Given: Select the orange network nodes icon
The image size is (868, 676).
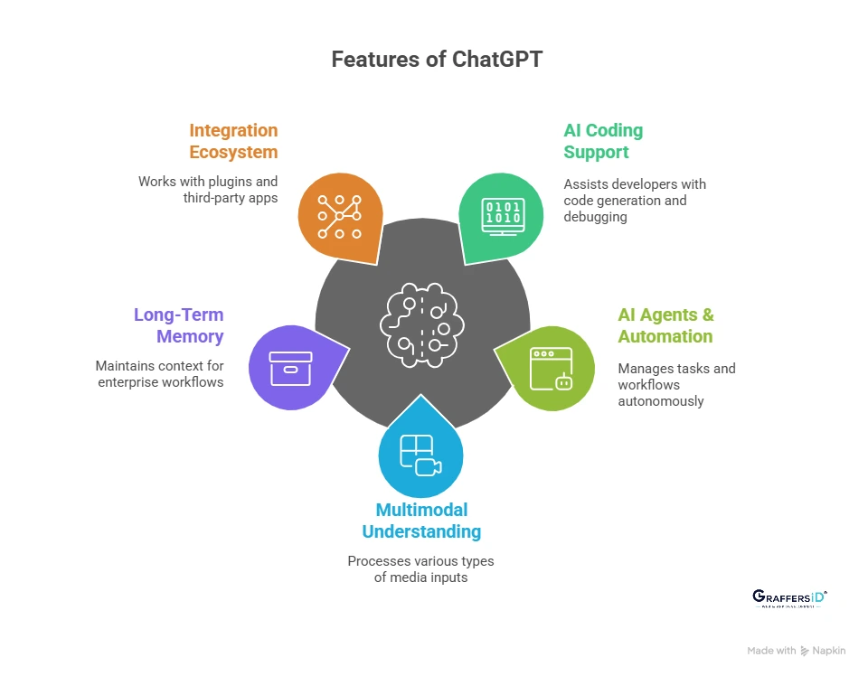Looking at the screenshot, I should point(339,217).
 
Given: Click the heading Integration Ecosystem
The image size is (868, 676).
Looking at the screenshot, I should point(233,141).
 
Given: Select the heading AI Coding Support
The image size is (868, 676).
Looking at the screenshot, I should point(603,141).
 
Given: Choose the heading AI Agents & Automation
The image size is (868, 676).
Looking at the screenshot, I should point(665,325).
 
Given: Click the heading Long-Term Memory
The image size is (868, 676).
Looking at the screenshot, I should point(178,325).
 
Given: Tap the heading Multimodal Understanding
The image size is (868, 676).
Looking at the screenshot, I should point(421,521).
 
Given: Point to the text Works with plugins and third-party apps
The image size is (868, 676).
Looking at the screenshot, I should point(208,190).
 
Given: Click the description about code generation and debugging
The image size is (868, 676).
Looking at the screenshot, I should point(635,201).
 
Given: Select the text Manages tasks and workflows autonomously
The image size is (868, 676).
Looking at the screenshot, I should point(676,385).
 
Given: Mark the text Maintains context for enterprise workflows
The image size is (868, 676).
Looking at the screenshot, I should point(159,374).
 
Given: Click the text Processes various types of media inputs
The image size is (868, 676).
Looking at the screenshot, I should point(421,568).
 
